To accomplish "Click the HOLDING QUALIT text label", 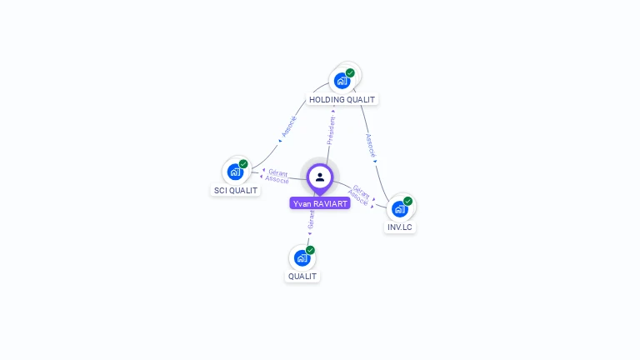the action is (342, 100).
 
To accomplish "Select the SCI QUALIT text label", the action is (236, 190).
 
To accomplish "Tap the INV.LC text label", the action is (399, 227).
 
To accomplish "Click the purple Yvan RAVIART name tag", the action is (320, 203).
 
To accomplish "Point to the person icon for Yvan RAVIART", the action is (320, 177).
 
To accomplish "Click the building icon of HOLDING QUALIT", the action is (341, 81).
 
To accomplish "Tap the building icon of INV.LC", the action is (399, 208).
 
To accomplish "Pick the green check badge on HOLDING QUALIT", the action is (350, 72).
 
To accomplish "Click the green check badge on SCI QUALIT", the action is (243, 164).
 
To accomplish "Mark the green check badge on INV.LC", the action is (407, 201).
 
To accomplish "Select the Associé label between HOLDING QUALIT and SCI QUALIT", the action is (288, 125).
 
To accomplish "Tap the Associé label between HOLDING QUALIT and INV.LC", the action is (370, 145).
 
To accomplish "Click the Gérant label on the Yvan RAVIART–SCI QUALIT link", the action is (278, 172).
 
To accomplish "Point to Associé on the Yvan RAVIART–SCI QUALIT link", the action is (277, 180).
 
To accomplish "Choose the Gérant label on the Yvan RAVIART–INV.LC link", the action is (362, 191).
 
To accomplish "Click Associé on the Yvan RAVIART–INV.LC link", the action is (357, 198).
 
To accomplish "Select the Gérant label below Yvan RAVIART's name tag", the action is (311, 220).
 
